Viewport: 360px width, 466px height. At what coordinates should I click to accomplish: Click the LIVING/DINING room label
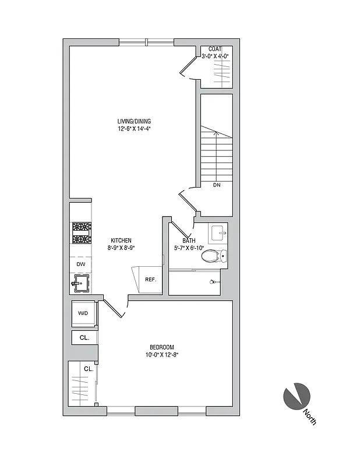(134, 121)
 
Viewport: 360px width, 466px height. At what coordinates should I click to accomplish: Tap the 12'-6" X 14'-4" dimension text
(134, 129)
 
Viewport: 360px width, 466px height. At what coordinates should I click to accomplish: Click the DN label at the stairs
(217, 185)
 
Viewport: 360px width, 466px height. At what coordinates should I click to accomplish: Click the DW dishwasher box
(80, 264)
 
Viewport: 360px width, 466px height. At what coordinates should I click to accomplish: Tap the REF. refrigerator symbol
(150, 280)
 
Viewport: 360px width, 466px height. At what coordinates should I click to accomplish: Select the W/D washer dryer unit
(83, 313)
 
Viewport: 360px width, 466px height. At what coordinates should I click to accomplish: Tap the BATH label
(189, 241)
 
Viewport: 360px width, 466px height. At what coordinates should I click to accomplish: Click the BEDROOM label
(161, 347)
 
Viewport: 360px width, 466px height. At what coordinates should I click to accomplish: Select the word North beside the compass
(309, 418)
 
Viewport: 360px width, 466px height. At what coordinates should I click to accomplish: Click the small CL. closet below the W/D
(83, 337)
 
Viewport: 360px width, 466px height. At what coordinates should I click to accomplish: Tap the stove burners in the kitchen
(81, 233)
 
